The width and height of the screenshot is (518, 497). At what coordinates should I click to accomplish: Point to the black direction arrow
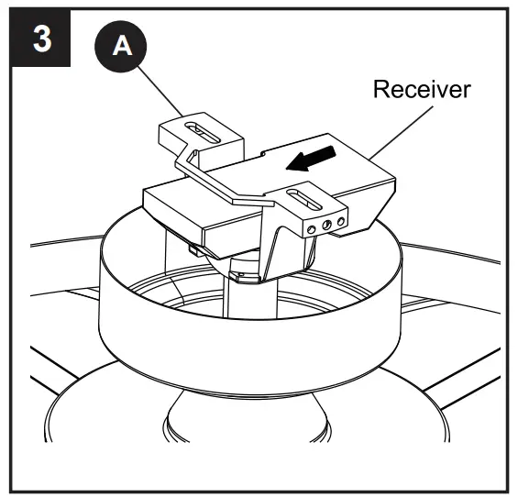click(x=304, y=161)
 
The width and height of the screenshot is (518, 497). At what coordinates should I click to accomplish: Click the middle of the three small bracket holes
click(x=326, y=223)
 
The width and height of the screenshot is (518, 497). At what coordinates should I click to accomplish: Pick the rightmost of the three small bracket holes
click(x=340, y=222)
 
